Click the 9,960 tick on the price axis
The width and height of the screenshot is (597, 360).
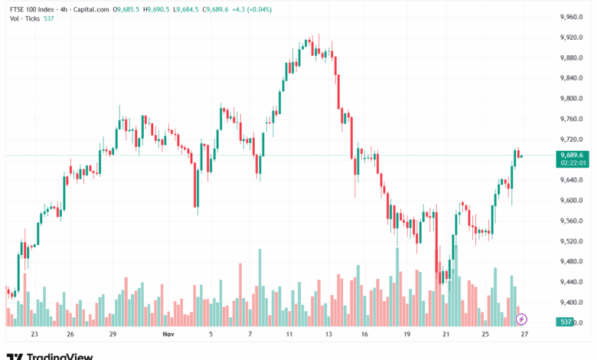573,17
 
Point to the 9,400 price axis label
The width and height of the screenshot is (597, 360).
573,303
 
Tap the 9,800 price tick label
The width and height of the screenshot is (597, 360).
573,99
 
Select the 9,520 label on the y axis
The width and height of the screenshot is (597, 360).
573,241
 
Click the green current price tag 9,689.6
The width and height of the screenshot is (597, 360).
573,155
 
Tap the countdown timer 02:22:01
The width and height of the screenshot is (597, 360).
573,162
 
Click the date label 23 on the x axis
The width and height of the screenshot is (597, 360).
34,335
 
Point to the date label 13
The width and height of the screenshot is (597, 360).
328,335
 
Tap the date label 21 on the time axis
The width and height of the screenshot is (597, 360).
445,335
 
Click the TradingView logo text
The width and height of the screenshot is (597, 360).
60,356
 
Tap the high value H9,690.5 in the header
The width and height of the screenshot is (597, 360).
157,10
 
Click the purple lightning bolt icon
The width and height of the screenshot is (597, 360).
521,319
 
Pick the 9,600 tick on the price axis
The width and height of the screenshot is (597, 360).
573,201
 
